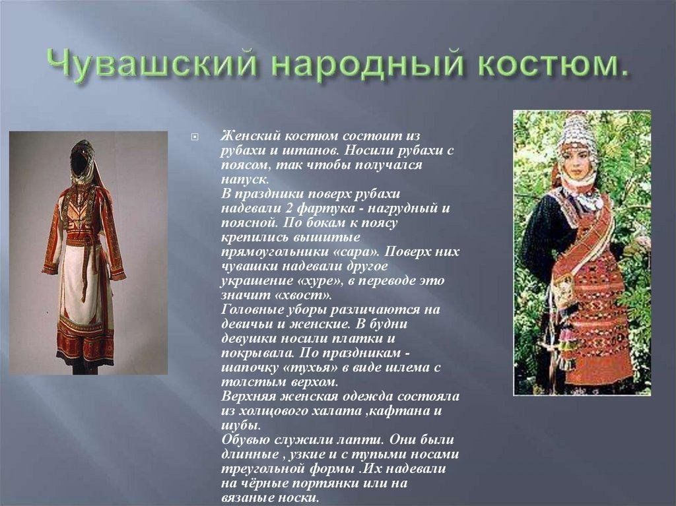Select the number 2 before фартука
pyautogui.click(x=289, y=208)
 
